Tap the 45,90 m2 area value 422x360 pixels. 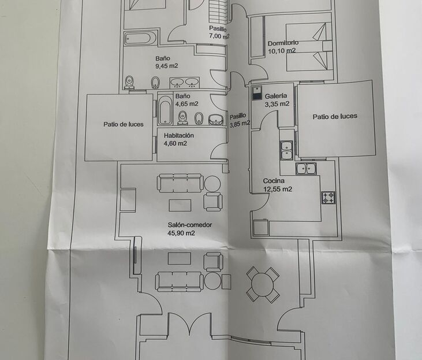tap(178, 233)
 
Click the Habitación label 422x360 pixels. tap(178, 136)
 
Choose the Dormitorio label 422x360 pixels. tap(283, 43)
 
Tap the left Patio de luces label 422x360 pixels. tap(124, 124)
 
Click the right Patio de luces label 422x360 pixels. tap(335, 116)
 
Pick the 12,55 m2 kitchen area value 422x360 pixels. tap(278, 189)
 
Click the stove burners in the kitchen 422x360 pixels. tap(328, 198)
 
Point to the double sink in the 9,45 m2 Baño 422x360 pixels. tap(184, 81)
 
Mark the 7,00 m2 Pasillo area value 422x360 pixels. tap(219, 36)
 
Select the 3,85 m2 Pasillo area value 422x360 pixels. tap(240, 123)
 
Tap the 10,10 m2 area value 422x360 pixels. tap(282, 51)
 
